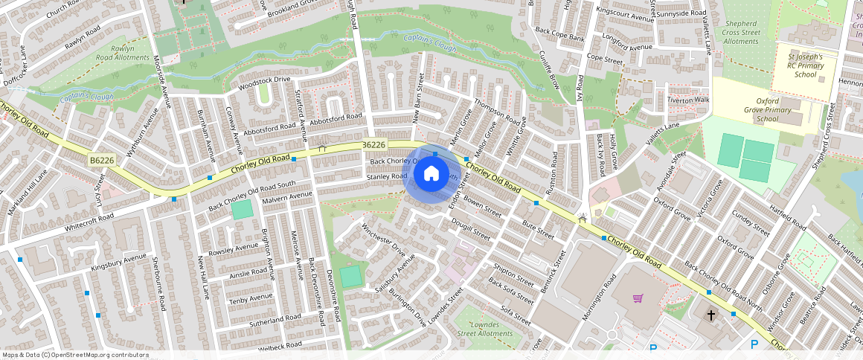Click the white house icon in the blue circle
[431, 175]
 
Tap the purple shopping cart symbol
[638, 298]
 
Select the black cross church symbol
[710, 315]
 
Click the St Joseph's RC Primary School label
[805, 65]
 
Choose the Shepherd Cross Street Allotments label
[741, 33]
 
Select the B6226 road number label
[101, 160]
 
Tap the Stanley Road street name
[386, 177]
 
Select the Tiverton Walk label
[688, 100]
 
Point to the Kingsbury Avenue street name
[118, 263]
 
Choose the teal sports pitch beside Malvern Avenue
[242, 210]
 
